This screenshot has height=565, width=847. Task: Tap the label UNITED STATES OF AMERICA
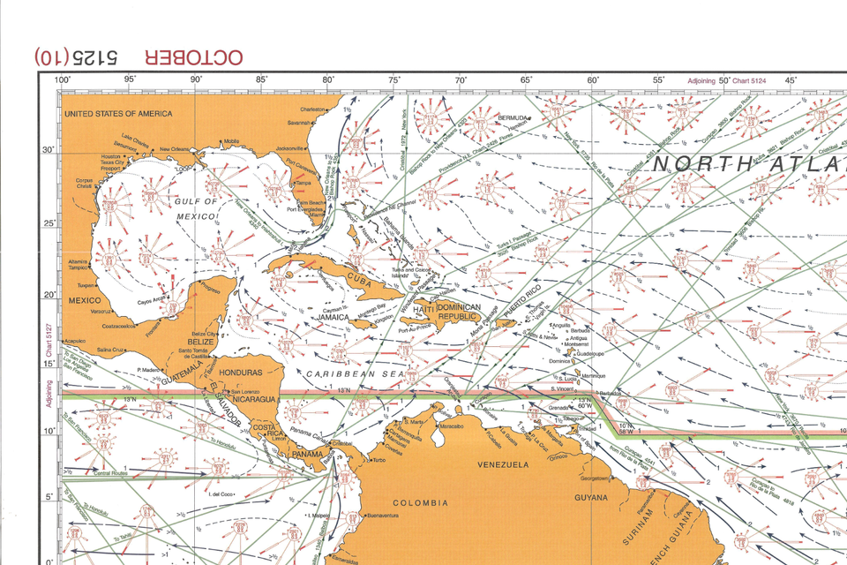tap(112, 114)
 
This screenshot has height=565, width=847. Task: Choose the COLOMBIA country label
tap(420, 503)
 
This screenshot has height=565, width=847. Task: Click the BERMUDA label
tap(513, 117)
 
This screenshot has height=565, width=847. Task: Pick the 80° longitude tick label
tap(329, 80)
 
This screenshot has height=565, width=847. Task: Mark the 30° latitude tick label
tap(49, 150)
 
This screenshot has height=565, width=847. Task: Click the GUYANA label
tap(591, 497)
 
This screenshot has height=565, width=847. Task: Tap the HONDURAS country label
tap(241, 373)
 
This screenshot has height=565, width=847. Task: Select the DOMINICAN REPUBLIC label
tap(458, 311)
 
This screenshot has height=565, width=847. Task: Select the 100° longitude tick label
tap(63, 80)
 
